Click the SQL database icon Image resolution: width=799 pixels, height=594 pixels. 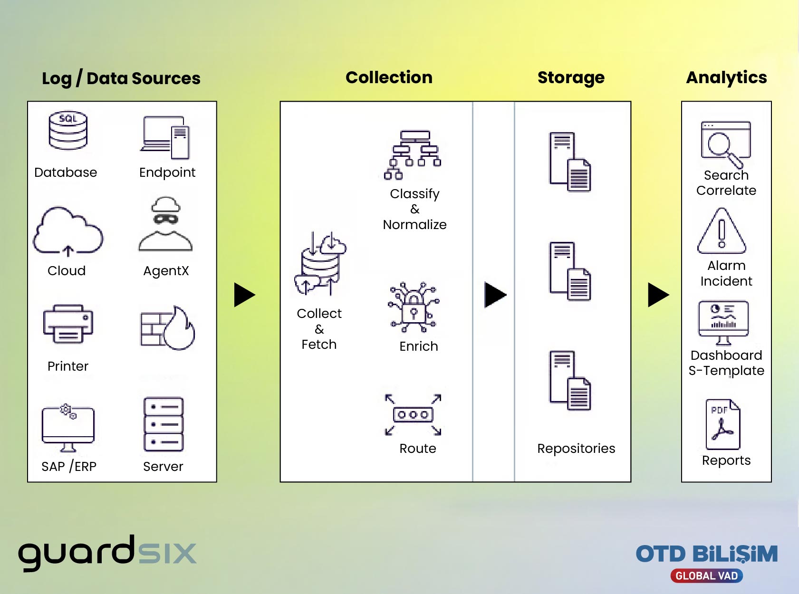[67, 130]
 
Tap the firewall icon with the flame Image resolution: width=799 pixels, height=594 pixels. [167, 328]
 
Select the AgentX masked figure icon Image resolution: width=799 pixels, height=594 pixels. [165, 224]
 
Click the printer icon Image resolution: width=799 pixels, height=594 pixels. [67, 324]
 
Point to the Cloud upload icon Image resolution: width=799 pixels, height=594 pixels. [67, 232]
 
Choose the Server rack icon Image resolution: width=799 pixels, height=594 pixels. [164, 424]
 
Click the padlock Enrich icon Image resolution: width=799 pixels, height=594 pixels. [414, 307]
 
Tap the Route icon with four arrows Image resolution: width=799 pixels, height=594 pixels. [413, 414]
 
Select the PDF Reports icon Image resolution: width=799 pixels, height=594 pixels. [722, 424]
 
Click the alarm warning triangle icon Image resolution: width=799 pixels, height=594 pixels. [722, 231]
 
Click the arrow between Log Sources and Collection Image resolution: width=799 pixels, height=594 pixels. [245, 295]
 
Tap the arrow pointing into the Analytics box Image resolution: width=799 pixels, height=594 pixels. [658, 295]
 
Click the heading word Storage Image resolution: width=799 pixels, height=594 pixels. [571, 78]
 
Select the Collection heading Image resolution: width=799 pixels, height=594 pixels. [389, 77]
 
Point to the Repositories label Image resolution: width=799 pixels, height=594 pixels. [576, 449]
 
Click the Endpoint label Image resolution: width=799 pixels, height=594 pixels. [167, 172]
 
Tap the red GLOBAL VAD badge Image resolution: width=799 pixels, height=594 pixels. [706, 575]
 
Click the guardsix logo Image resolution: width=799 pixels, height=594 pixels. [107, 553]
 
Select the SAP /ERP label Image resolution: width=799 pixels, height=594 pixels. [69, 467]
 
